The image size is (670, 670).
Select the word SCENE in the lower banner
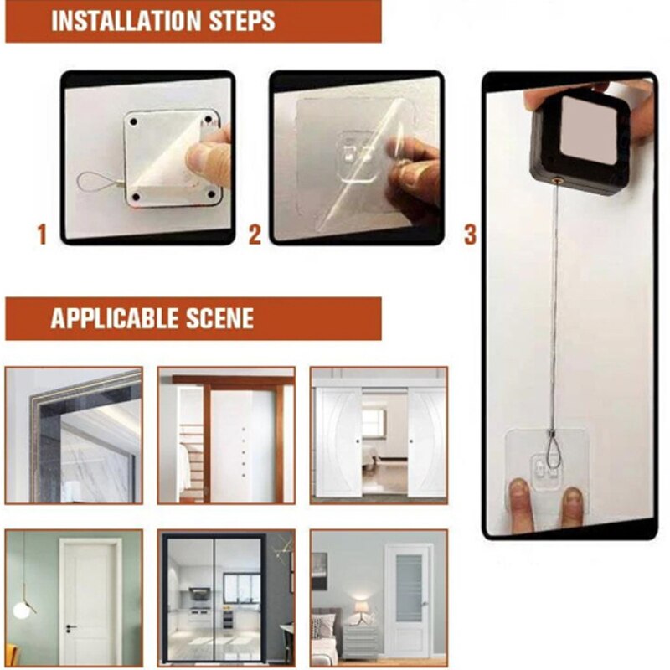pyautogui.click(x=219, y=318)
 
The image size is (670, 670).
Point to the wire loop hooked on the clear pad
pyautogui.click(x=553, y=451)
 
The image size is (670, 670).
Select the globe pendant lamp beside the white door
pyautogui.click(x=22, y=610)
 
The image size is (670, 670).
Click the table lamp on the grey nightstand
pyautogui.click(x=362, y=609)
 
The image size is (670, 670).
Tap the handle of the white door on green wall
pyautogui.click(x=72, y=626)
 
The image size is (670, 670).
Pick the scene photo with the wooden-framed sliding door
pyautogui.click(x=226, y=435)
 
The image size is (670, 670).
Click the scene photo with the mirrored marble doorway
pyautogui.click(x=74, y=435)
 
